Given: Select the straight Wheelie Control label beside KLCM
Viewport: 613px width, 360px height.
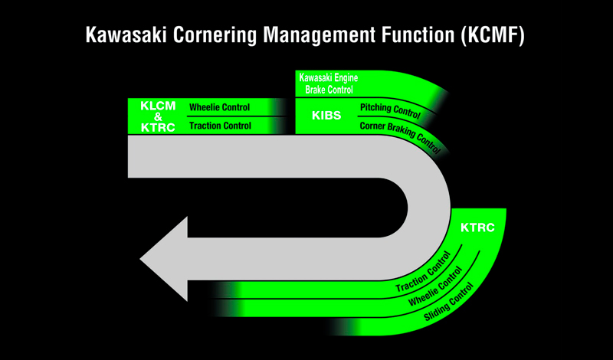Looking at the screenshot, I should [x=220, y=107].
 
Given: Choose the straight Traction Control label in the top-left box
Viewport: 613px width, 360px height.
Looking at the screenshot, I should [x=220, y=126].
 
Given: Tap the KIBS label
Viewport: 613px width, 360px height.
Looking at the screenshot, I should [x=326, y=116].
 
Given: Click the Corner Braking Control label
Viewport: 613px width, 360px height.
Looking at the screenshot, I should [x=399, y=135].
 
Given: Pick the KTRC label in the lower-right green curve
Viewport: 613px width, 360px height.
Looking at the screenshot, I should [x=477, y=228].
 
